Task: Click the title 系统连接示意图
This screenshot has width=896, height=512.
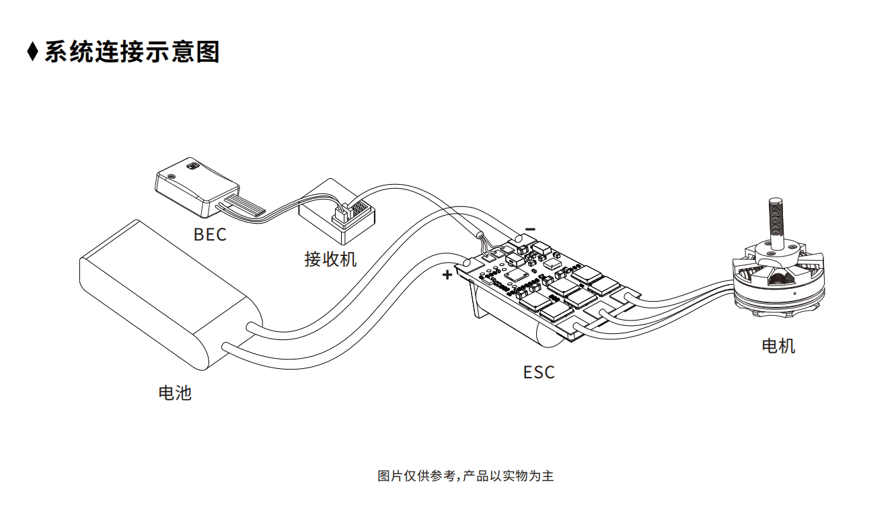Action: tap(132, 52)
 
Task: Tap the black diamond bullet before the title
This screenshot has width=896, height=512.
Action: tap(32, 52)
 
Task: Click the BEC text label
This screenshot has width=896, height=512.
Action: tap(210, 234)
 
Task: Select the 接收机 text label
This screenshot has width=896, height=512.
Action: tap(330, 259)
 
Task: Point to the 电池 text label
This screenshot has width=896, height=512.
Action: tap(175, 393)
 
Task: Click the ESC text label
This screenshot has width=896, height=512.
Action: tap(539, 372)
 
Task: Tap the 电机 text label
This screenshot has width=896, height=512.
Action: tap(778, 346)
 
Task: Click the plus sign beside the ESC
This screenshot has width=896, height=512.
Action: tap(447, 275)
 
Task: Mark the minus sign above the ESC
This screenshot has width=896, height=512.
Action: tap(530, 229)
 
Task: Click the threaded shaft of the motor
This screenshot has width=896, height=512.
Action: tap(776, 222)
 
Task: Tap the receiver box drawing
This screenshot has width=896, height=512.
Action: tap(337, 212)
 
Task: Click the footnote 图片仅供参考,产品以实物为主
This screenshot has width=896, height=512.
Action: tap(465, 476)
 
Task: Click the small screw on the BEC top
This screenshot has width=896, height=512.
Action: tap(172, 176)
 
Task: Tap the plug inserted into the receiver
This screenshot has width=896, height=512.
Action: tap(340, 216)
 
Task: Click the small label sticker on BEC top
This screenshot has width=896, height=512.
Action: tap(193, 165)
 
